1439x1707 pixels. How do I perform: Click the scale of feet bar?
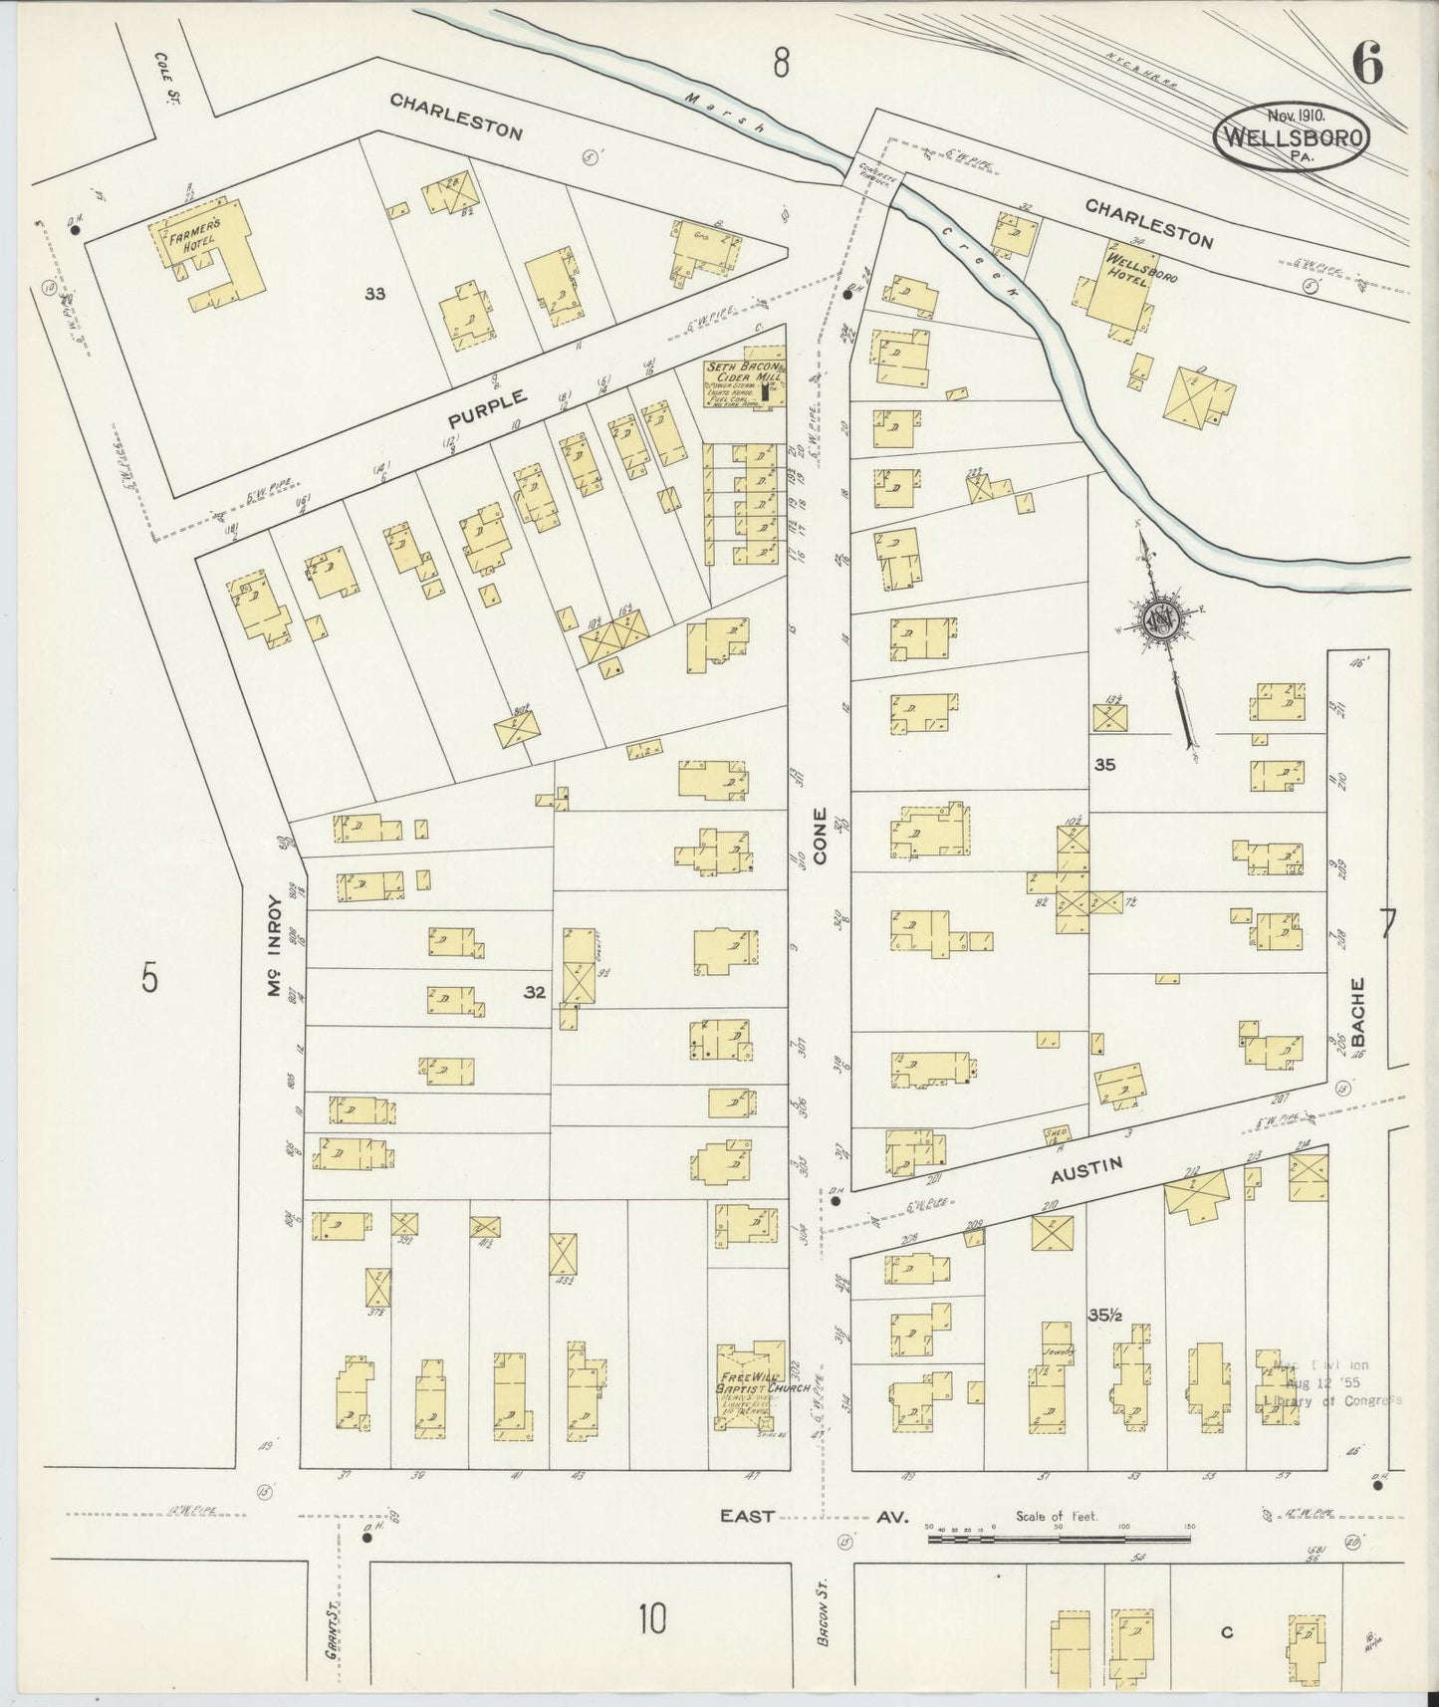1059,1539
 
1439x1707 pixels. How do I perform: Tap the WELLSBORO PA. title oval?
1292,137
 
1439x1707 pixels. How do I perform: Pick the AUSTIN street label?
1087,1170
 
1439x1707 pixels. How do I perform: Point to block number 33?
375,294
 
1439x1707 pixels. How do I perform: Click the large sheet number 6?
1366,66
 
